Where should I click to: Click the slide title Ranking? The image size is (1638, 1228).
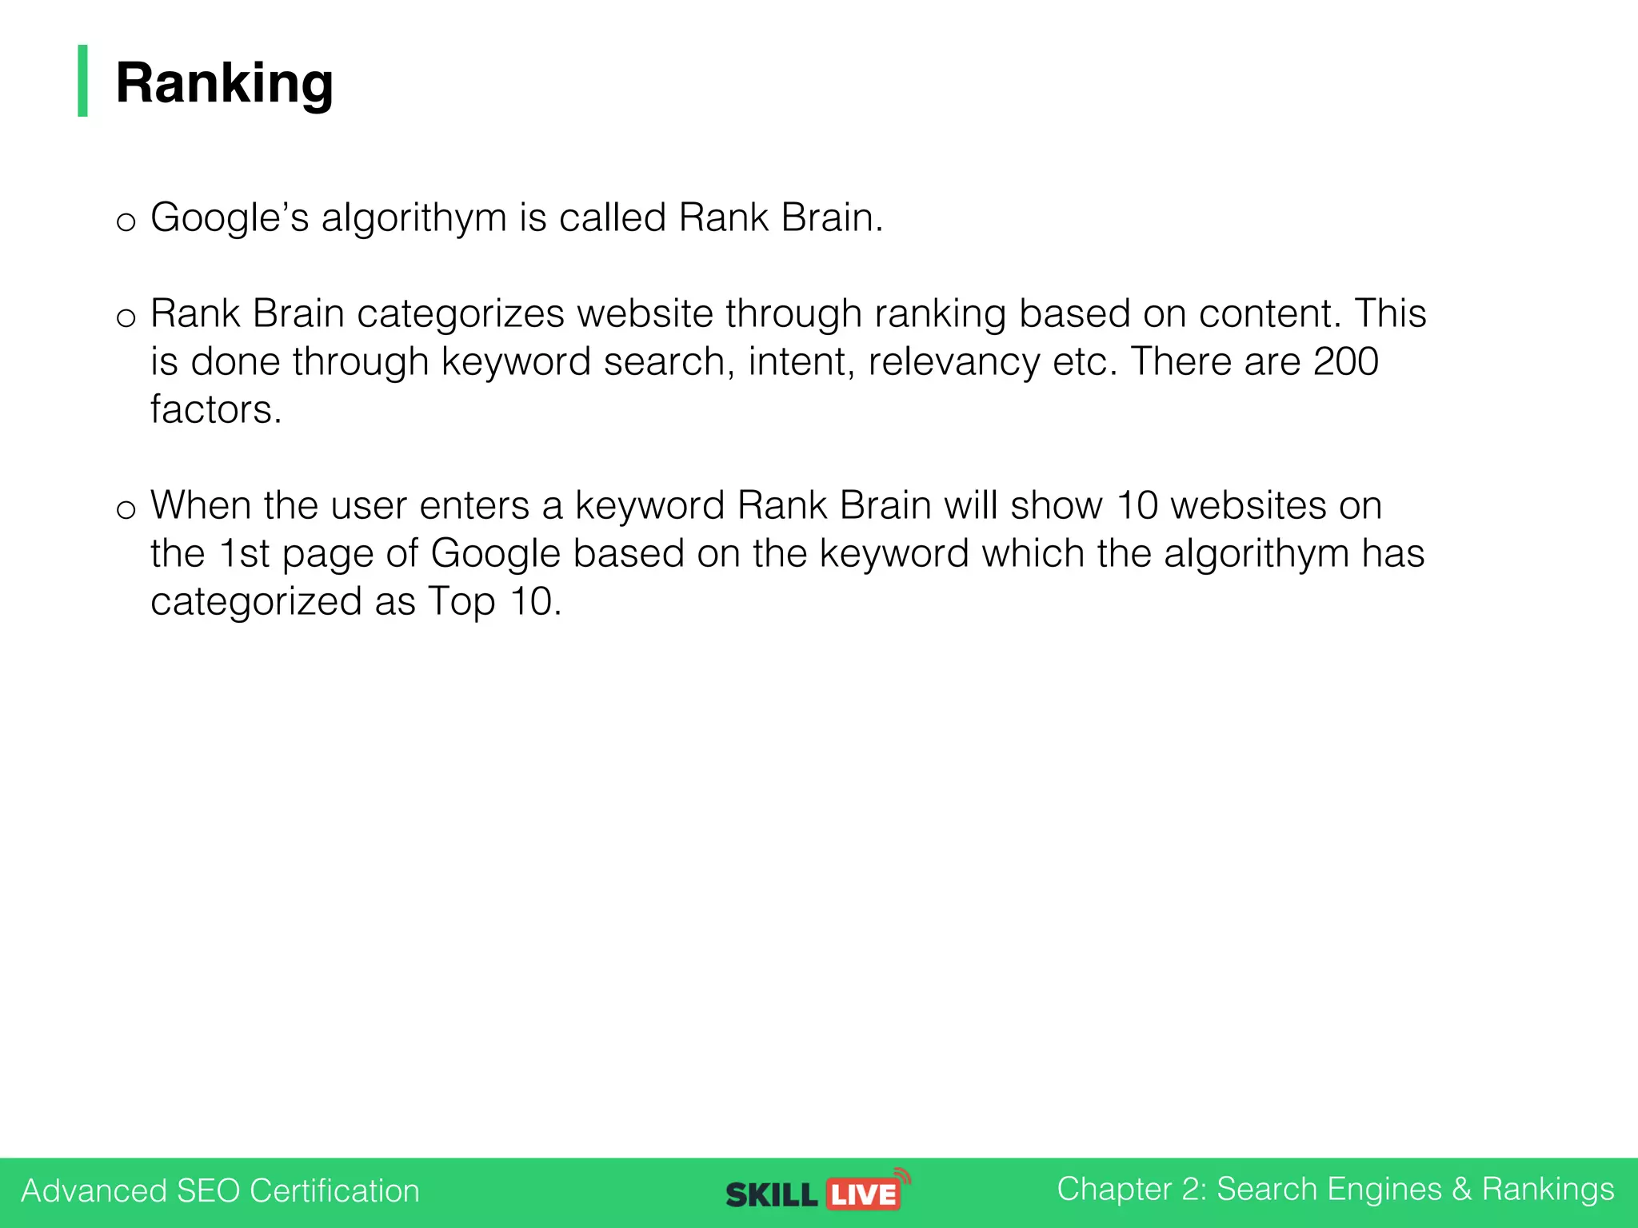pos(224,83)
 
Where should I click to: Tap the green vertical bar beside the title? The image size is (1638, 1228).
pos(82,81)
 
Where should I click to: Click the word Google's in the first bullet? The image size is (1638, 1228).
pos(230,217)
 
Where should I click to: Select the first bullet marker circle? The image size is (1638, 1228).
pos(126,221)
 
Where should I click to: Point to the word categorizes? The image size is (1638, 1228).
pos(461,313)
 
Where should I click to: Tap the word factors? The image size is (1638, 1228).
pos(216,409)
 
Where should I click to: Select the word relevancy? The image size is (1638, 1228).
pos(953,361)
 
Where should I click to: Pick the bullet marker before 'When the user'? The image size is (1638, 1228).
pos(126,509)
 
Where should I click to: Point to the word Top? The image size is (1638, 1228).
pos(462,601)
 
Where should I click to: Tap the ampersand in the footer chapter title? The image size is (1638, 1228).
pos(1461,1189)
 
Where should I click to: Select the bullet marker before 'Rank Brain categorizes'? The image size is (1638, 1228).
pos(126,317)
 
